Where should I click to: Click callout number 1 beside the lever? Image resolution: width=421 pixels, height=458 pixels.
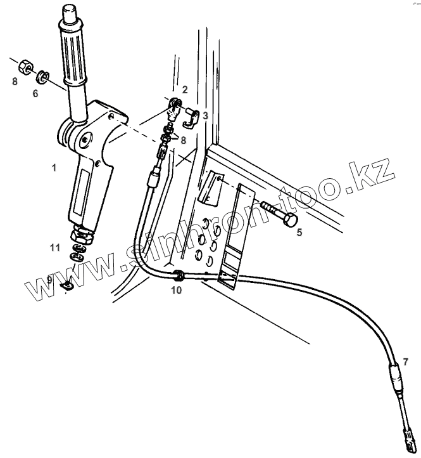pos(54,167)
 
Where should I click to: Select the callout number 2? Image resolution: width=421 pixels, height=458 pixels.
pos(184,89)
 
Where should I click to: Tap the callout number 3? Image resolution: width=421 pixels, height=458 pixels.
pos(204,115)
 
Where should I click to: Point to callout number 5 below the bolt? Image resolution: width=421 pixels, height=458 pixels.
pos(299,232)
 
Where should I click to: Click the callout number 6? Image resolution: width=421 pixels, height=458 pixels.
pos(35,93)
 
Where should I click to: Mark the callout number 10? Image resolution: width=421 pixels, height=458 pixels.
pos(175,290)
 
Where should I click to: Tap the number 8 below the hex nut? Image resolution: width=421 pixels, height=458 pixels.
pos(15,81)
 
